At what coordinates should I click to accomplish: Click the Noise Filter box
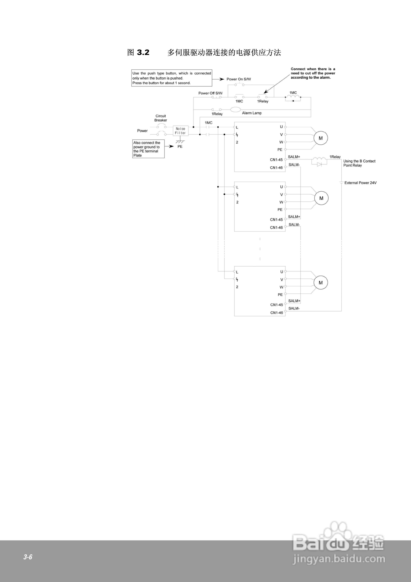180,131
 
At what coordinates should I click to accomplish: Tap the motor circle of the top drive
321,138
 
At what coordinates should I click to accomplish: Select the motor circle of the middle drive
321,198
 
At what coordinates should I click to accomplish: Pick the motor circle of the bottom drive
321,283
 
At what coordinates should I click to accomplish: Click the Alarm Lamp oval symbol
235,110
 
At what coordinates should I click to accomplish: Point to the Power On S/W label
238,79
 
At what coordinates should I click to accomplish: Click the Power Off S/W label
210,93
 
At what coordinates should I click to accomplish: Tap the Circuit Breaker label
161,118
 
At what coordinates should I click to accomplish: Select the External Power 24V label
360,183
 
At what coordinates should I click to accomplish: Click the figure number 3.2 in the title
143,53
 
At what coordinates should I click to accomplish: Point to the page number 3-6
28,557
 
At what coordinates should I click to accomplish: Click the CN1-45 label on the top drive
276,160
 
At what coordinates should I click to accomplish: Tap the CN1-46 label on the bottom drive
276,313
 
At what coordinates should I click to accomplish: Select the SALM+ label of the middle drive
294,217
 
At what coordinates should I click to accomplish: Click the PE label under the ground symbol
180,147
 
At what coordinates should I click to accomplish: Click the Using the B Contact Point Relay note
359,163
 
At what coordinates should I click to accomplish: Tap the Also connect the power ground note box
148,149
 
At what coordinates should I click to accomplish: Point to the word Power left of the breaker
142,131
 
